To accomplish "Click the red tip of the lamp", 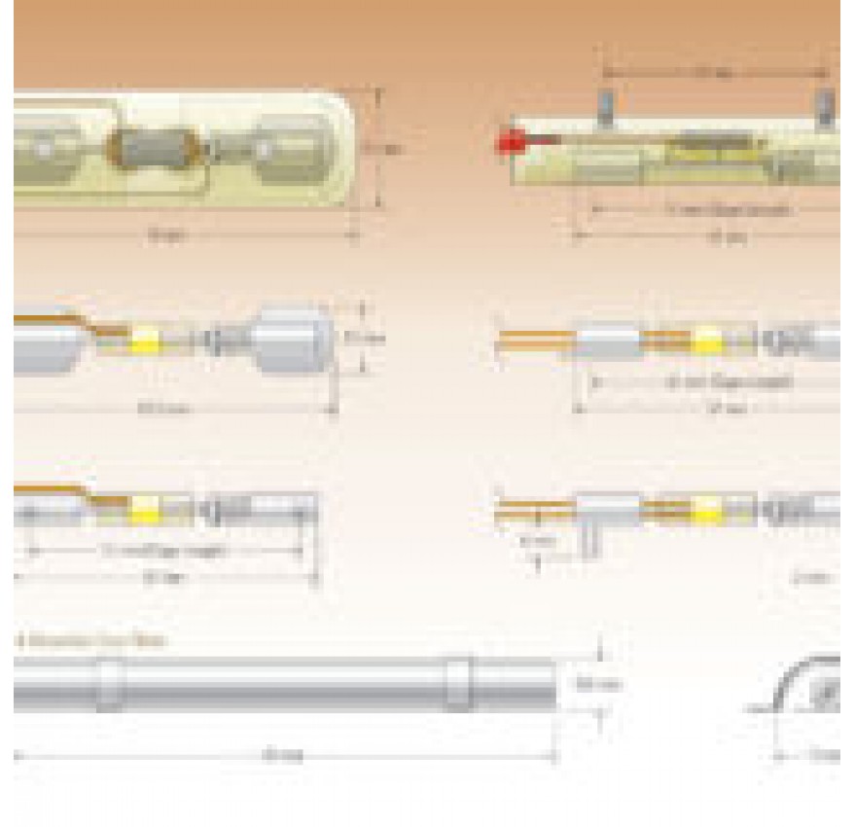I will tap(508, 144).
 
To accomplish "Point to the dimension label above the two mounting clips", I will tap(716, 73).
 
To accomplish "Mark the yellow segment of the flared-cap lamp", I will tap(146, 341).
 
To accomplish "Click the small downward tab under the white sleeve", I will tap(588, 538).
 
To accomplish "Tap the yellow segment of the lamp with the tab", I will tap(707, 508).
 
